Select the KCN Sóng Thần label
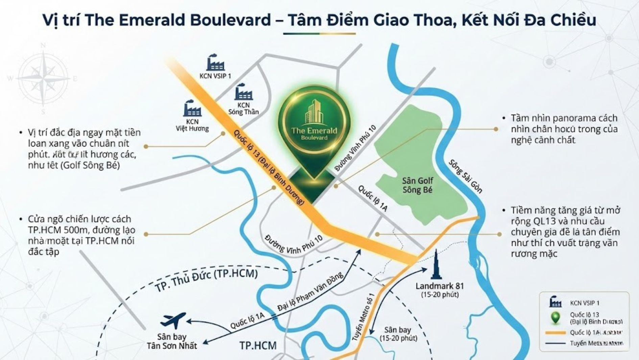pos(243,109)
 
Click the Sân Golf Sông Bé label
pos(417,185)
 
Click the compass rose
pos(43,79)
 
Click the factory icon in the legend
pos(555,302)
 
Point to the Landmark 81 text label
pos(440,286)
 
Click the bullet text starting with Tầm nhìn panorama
pos(564,129)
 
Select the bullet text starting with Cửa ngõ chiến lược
pos(81,235)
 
